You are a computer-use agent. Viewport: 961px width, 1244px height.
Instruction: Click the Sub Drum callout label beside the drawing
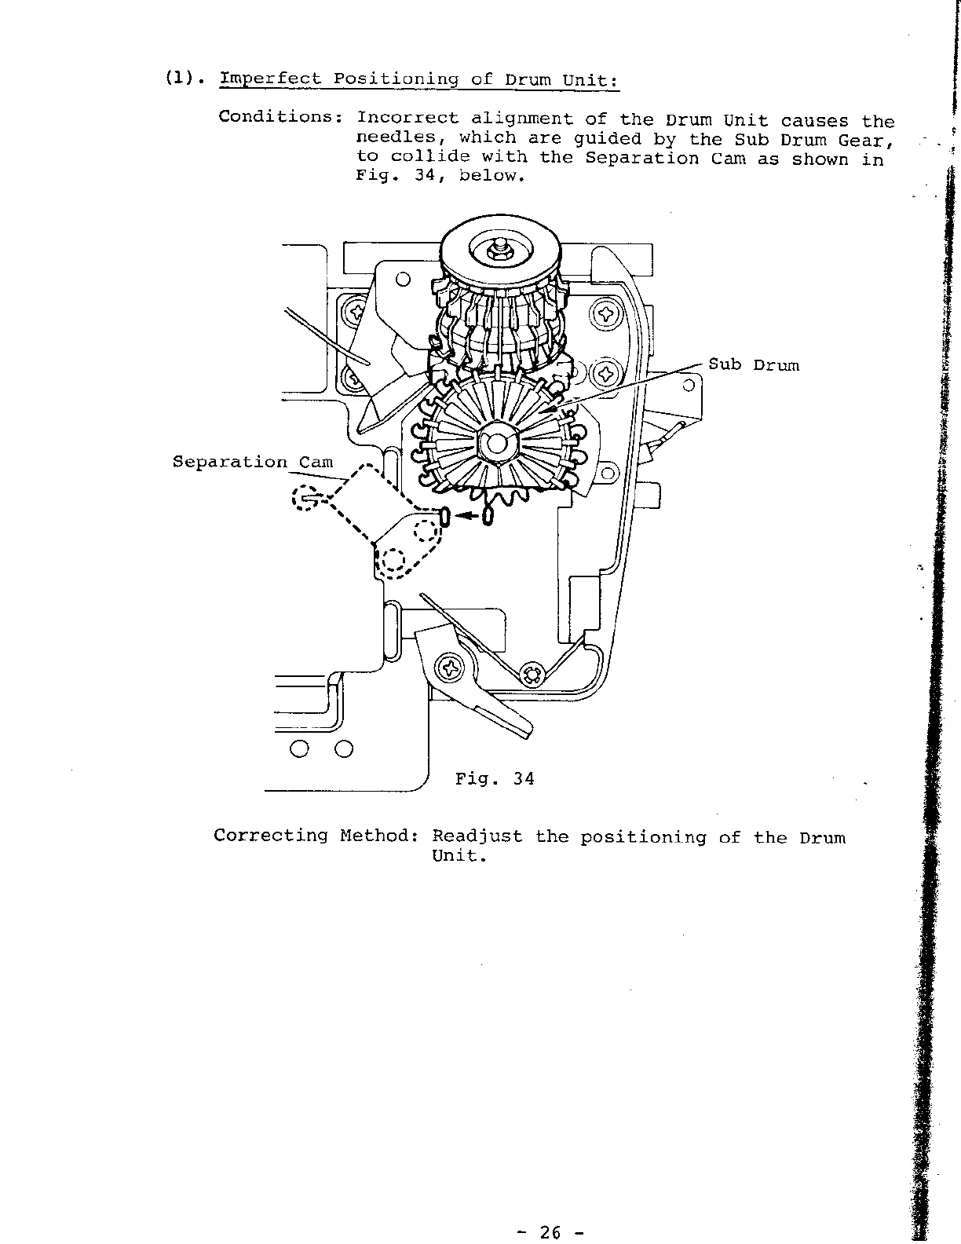click(754, 365)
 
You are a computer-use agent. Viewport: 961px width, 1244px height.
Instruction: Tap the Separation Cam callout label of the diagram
click(253, 462)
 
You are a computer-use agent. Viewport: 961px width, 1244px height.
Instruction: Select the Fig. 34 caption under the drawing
click(495, 779)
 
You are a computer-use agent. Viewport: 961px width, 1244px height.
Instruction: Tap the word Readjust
click(477, 836)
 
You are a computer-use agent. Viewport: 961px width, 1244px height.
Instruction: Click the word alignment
click(521, 119)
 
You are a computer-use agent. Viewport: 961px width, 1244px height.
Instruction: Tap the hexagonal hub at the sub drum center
click(499, 445)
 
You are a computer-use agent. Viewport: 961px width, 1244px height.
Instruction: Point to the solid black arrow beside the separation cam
click(467, 516)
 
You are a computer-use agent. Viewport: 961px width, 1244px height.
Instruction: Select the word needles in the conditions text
click(390, 139)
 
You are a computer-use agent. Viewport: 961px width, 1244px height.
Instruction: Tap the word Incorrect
click(407, 119)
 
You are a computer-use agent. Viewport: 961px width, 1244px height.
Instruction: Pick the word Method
click(376, 836)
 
